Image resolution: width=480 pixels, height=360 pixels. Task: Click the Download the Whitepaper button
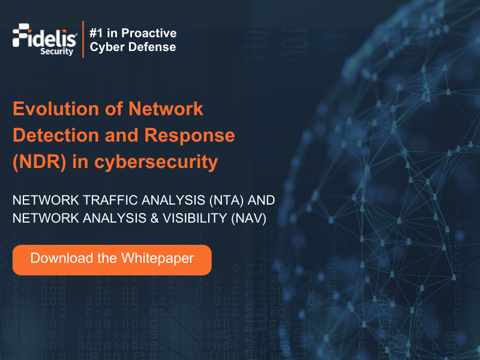pyautogui.click(x=112, y=259)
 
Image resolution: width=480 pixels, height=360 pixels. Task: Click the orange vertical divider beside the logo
pyautogui.click(x=83, y=40)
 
